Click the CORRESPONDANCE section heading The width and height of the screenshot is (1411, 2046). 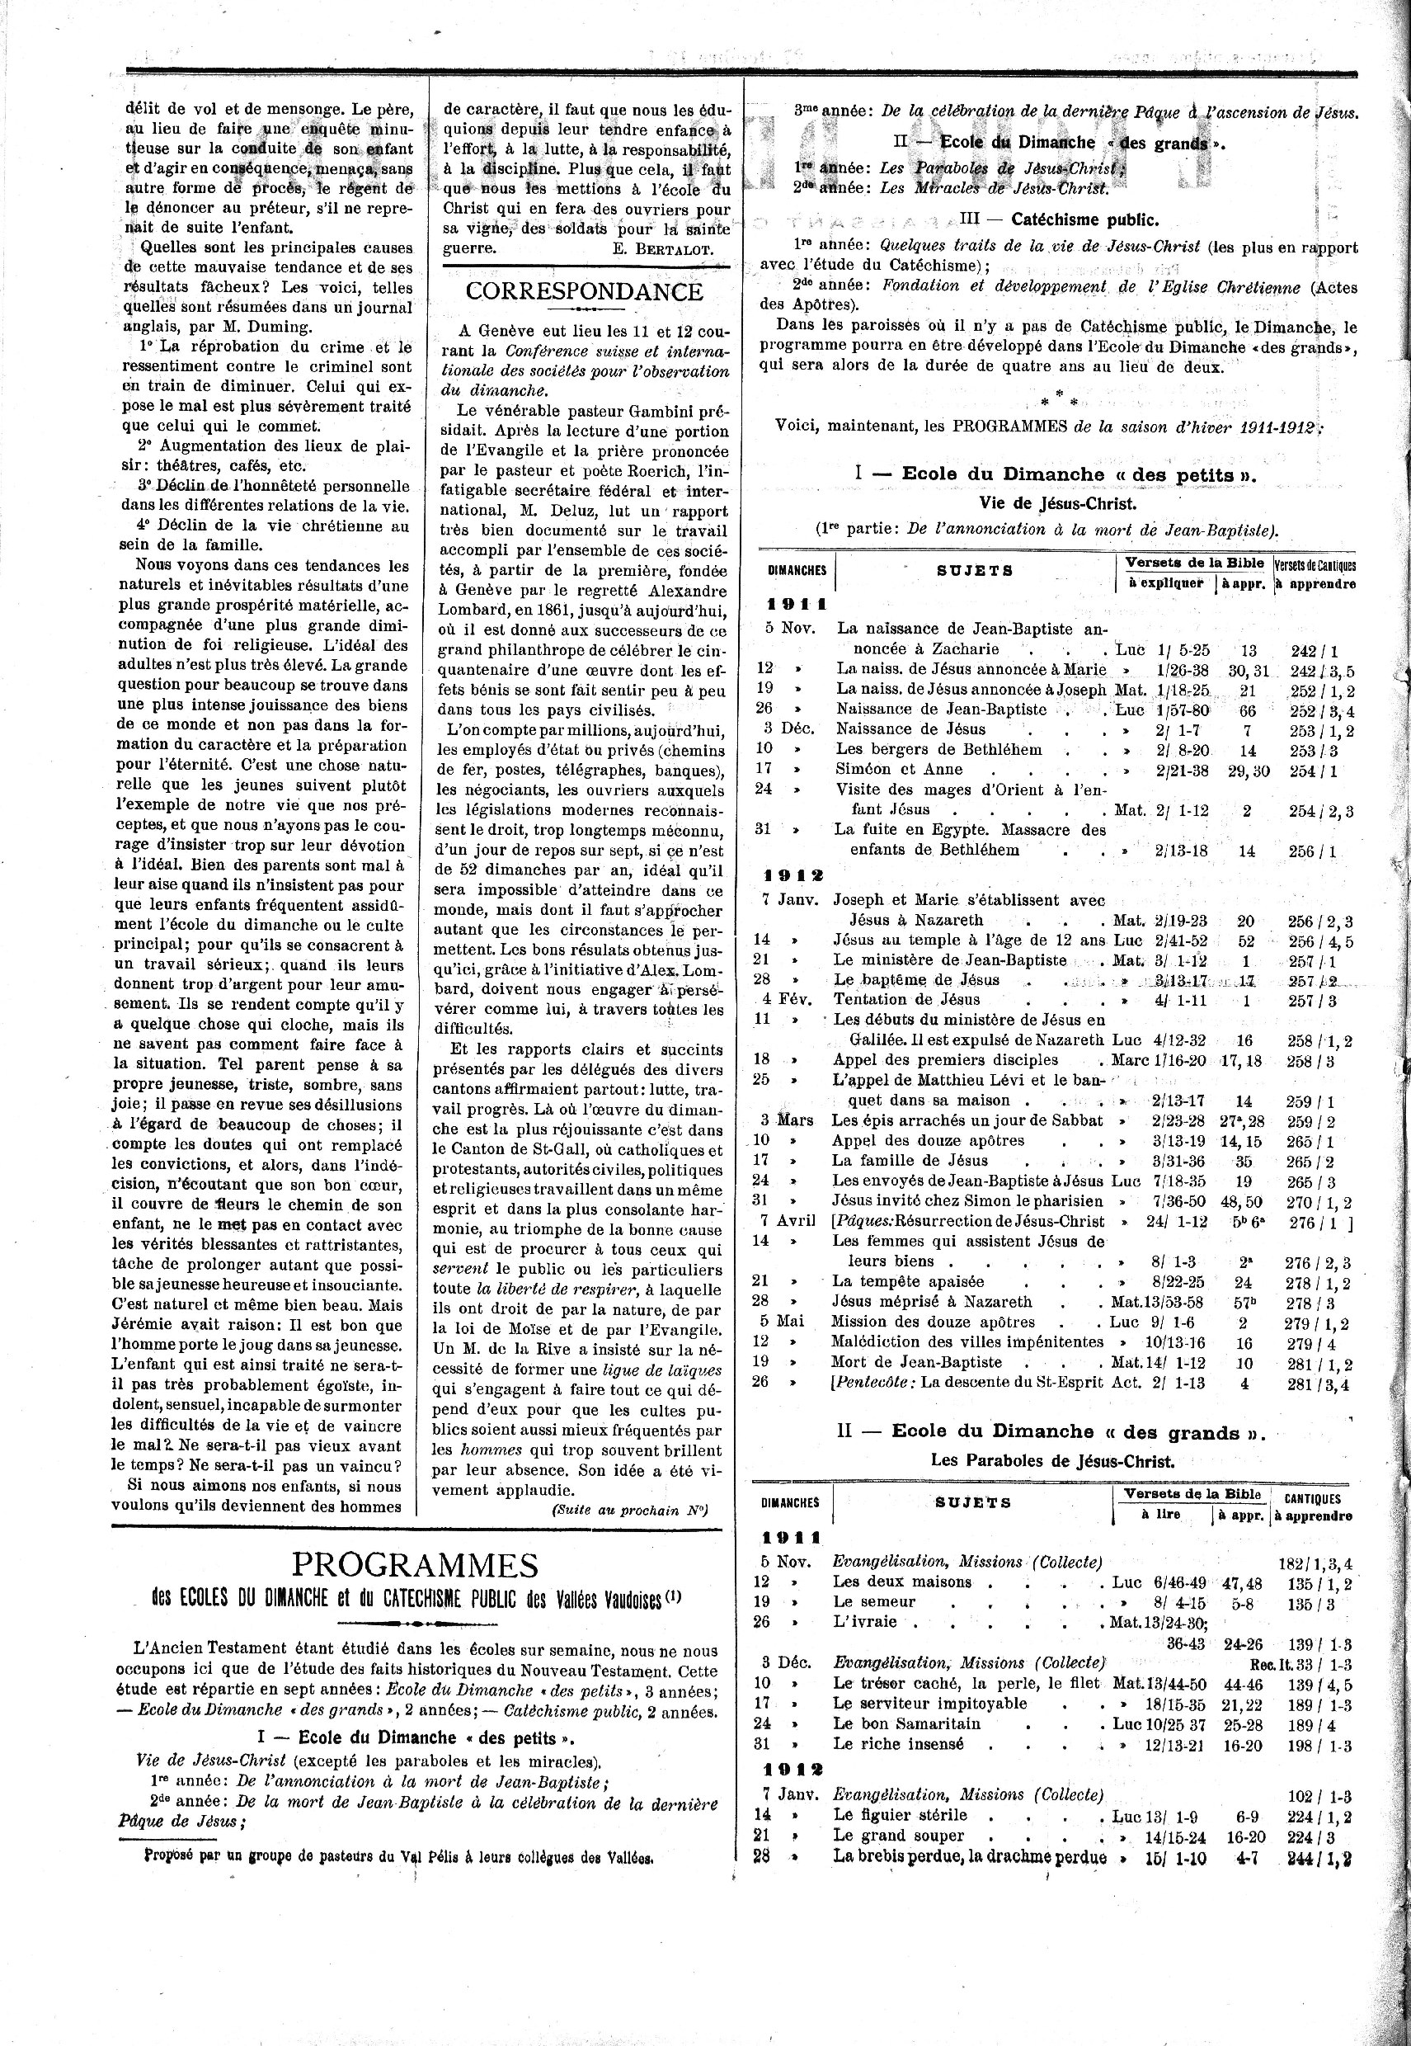pyautogui.click(x=584, y=292)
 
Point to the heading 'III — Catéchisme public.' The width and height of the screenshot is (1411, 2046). pyautogui.click(x=1058, y=220)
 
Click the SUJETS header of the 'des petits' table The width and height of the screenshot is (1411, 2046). pyautogui.click(x=974, y=570)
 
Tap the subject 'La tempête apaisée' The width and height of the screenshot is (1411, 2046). pyautogui.click(x=896, y=1281)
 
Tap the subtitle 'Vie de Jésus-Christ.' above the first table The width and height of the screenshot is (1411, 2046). pyautogui.click(x=1057, y=503)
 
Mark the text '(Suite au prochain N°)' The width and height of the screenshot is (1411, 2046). pyautogui.click(x=629, y=1511)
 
